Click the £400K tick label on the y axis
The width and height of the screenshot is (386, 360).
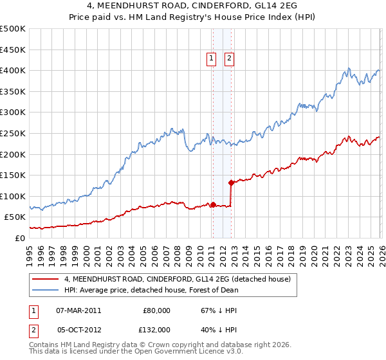13,70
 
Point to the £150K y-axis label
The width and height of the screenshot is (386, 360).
13,175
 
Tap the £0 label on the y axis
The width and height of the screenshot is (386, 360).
20,238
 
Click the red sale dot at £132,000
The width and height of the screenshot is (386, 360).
231,183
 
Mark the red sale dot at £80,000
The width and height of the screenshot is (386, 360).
213,204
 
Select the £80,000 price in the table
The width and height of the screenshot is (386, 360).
156,310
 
